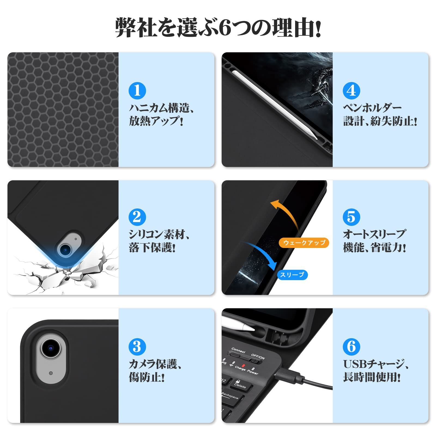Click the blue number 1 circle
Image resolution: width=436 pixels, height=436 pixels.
pyautogui.click(x=137, y=90)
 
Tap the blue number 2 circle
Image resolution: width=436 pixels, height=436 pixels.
pyautogui.click(x=137, y=217)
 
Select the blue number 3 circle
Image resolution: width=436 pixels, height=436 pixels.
pyautogui.click(x=137, y=347)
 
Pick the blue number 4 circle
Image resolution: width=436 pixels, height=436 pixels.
pyautogui.click(x=351, y=90)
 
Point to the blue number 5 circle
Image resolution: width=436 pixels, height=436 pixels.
pyautogui.click(x=351, y=217)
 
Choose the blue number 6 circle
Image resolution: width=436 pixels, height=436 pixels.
pyautogui.click(x=351, y=347)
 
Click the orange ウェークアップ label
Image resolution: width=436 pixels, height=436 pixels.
pyautogui.click(x=304, y=243)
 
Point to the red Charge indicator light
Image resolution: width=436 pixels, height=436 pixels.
pyautogui.click(x=243, y=365)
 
